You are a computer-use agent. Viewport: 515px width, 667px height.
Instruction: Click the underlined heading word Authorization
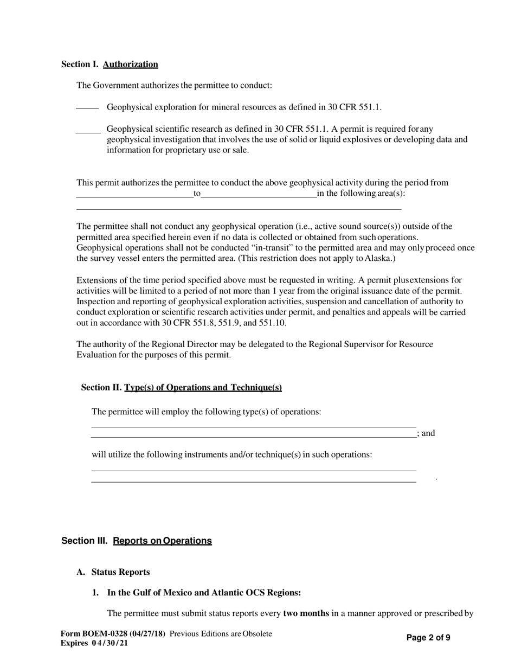coord(130,64)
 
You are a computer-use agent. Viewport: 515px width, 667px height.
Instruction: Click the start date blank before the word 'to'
coord(134,195)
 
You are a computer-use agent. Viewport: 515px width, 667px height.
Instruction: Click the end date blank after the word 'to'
coord(259,195)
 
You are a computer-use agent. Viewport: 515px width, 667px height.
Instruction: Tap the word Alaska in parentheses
coord(378,259)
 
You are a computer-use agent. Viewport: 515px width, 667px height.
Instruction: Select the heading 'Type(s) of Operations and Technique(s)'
coord(203,387)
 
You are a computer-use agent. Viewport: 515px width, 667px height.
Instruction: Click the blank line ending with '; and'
coord(253,435)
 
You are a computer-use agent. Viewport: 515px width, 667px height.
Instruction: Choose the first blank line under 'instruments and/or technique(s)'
coord(253,469)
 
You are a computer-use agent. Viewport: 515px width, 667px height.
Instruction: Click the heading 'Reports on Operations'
coord(162,541)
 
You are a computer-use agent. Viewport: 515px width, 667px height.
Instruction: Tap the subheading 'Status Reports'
coord(120,572)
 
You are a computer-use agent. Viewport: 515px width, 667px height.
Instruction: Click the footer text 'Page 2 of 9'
coord(428,638)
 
